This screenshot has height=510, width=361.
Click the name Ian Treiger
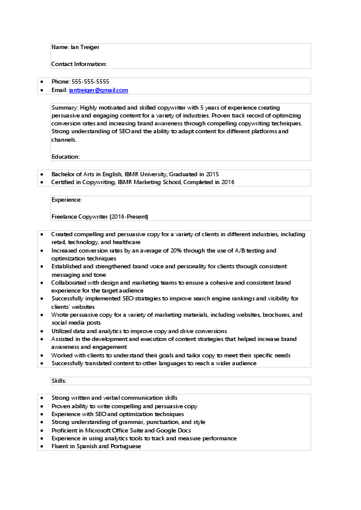pyautogui.click(x=85, y=47)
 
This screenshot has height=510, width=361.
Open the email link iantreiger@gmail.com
pyautogui.click(x=98, y=90)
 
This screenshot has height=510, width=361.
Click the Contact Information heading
pyautogui.click(x=79, y=64)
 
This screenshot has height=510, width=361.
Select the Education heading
pyautogui.click(x=66, y=156)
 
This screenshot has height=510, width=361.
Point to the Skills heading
pyautogui.click(x=59, y=381)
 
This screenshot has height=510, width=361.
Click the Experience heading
pyautogui.click(x=66, y=199)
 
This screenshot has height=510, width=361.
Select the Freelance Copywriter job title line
pyautogui.click(x=100, y=216)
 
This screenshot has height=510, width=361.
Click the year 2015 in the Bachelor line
pyautogui.click(x=212, y=174)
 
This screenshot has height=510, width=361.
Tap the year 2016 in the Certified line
pyautogui.click(x=228, y=182)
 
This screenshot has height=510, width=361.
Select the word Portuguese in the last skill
pyautogui.click(x=125, y=446)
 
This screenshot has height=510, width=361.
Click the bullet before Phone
pyautogui.click(x=41, y=82)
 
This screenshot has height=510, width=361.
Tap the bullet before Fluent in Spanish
pyautogui.click(x=41, y=446)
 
